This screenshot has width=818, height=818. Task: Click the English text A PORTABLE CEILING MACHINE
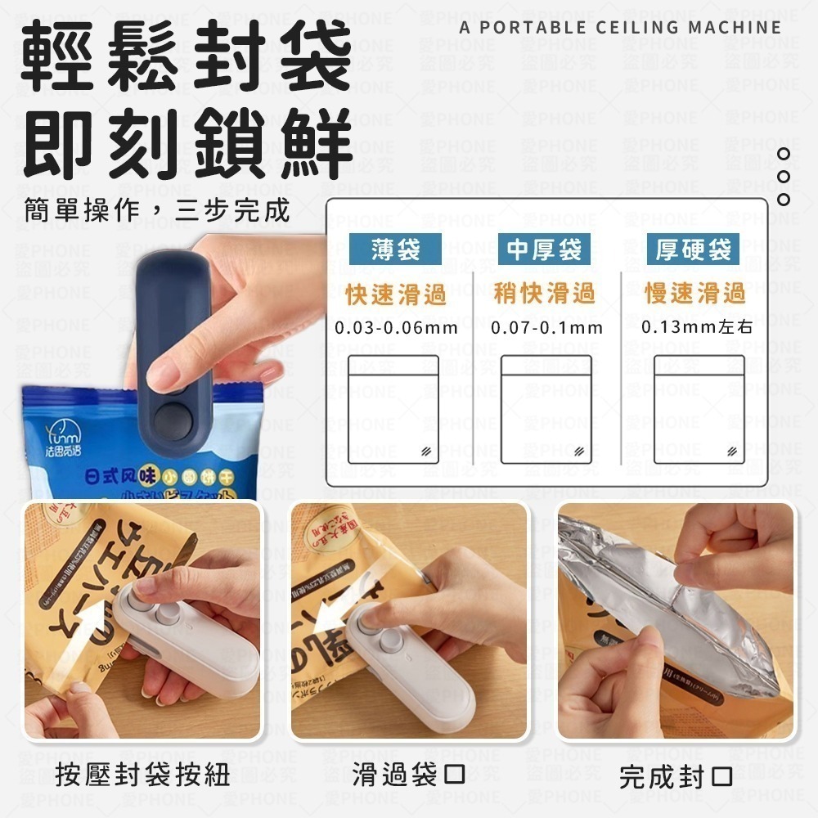[620, 27]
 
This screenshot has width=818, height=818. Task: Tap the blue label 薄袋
[395, 249]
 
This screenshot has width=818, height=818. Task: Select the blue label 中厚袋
[543, 249]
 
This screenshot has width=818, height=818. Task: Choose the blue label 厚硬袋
[693, 249]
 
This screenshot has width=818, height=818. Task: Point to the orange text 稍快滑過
[544, 294]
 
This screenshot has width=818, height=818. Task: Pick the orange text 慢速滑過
[694, 294]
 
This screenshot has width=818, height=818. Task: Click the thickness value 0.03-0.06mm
[396, 329]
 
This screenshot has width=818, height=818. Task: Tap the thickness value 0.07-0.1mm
[546, 329]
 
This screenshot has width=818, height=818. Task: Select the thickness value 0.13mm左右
[696, 328]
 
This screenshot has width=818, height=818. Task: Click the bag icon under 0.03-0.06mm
[393, 410]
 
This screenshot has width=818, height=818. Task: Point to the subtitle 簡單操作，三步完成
[156, 210]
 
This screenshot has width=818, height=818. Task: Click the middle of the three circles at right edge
[784, 176]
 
